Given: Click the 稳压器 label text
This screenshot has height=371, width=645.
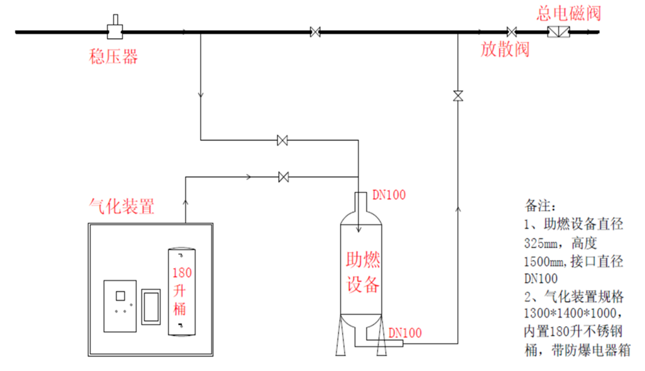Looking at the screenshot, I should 113,56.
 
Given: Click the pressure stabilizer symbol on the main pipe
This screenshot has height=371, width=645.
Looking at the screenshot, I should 115,31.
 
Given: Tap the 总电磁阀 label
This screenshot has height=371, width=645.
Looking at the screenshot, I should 568,13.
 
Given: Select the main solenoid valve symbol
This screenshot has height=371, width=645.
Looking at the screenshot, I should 558,32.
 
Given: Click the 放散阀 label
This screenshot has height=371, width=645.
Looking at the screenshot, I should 505,49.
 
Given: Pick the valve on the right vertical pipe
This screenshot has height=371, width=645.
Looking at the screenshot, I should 458,95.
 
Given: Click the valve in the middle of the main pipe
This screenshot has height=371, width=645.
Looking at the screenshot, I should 315,32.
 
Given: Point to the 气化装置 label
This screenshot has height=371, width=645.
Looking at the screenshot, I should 121,207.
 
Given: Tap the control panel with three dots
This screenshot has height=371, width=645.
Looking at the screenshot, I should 120,305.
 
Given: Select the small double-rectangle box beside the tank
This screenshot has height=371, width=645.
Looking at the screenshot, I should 151,305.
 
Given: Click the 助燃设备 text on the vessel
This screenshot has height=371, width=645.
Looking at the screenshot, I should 363,273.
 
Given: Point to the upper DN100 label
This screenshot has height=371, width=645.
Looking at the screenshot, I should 389,194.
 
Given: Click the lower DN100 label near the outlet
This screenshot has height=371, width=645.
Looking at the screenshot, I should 405,333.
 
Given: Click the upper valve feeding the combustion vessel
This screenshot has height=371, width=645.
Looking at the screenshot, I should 282,140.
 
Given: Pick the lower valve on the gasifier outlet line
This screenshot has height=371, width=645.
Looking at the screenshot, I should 284,177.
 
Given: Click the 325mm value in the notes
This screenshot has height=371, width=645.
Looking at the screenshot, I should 541,242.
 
